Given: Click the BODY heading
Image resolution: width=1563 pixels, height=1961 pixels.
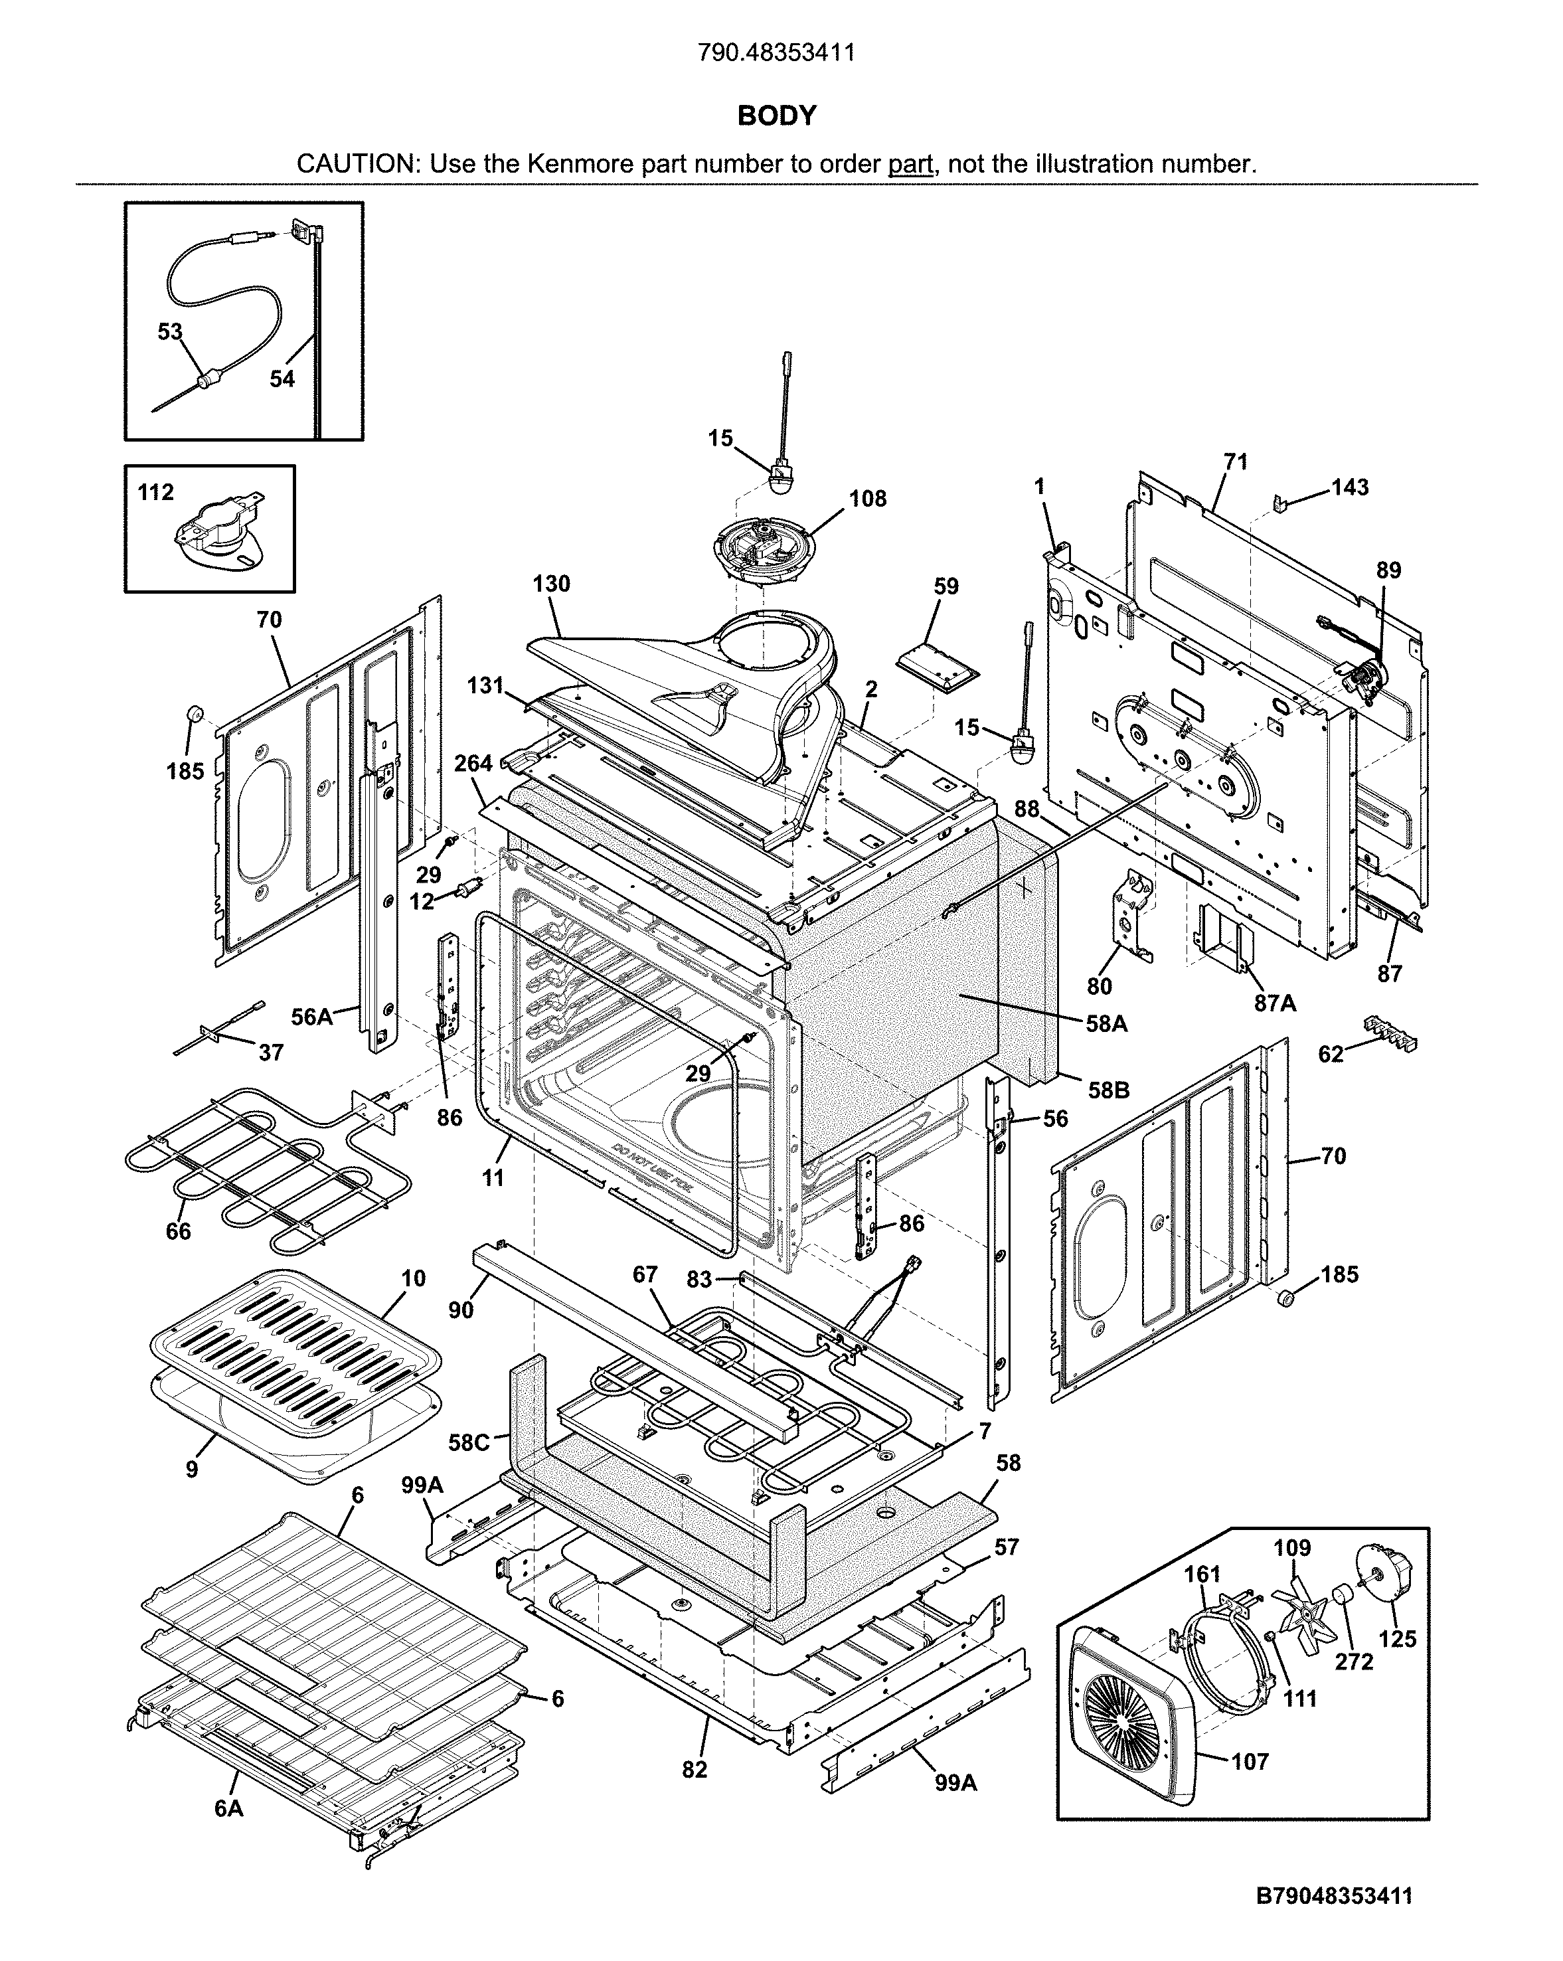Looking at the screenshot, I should [x=776, y=116].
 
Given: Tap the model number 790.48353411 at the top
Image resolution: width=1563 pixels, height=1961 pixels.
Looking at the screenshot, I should [x=776, y=52].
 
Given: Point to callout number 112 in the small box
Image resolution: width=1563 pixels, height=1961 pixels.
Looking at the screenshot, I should [x=155, y=493].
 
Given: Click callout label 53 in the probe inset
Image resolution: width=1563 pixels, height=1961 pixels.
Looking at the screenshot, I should [x=170, y=332].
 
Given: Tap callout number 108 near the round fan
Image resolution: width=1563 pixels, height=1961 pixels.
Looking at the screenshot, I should [x=867, y=499].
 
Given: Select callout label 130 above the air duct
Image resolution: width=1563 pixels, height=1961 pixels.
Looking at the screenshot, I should [x=551, y=584].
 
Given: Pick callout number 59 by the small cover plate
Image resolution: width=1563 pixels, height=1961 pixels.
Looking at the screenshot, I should [x=946, y=586].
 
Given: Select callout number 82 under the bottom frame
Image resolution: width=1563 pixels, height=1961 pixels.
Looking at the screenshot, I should [x=695, y=1769].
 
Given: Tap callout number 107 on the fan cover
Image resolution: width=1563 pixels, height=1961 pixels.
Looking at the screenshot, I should [x=1250, y=1762].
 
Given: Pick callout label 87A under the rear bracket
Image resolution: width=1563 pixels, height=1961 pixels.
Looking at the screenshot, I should [x=1275, y=1003].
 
